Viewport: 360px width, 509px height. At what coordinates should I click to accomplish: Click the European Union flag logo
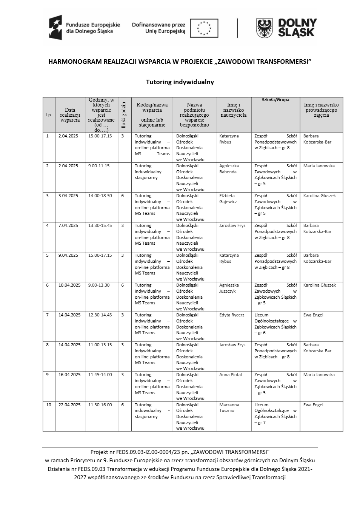coord(204,28)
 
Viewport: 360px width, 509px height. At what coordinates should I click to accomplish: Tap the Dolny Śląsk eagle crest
coord(265,28)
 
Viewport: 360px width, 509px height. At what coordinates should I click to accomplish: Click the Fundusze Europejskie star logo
coord(55,28)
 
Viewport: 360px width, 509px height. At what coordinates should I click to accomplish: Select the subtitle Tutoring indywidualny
coord(180,82)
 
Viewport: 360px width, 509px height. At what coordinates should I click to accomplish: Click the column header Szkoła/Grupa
coord(275,100)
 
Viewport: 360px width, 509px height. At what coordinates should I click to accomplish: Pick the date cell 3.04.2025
coord(68,196)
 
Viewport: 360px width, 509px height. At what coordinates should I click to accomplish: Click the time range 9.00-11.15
coord(99,166)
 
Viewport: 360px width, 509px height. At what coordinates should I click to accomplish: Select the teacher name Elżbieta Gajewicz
coord(228,199)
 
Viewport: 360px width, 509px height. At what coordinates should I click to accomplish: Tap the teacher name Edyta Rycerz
coord(232,315)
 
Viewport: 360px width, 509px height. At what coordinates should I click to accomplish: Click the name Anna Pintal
coord(231,375)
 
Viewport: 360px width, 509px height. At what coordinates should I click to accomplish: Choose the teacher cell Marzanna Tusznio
coord(229,407)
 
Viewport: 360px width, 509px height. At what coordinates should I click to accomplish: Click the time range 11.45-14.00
coord(100,375)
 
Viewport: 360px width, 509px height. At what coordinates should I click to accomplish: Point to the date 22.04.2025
coord(69,405)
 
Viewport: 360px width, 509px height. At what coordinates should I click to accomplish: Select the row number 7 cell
coord(48,315)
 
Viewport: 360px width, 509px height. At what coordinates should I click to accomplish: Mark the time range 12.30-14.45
coord(100,315)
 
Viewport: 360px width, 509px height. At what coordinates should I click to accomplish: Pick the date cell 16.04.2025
coord(69,375)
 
